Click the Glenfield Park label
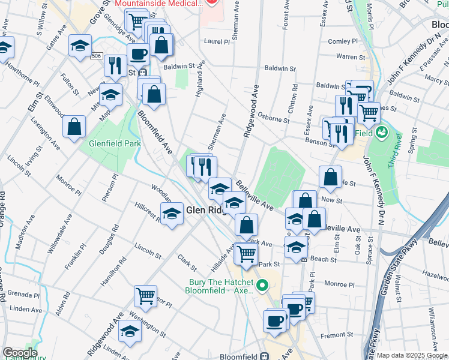pyautogui.click(x=114, y=144)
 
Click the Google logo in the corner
pyautogui.click(x=19, y=353)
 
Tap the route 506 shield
pyautogui.click(x=96, y=56)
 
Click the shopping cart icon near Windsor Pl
pyautogui.click(x=145, y=296)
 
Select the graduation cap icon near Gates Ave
pyautogui.click(x=80, y=46)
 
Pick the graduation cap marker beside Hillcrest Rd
pyautogui.click(x=172, y=214)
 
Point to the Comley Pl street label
pyautogui.click(x=343, y=41)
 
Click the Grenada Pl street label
pyautogui.click(x=24, y=295)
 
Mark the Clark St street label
pyautogui.click(x=187, y=262)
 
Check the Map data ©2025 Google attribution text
pyautogui.click(x=412, y=355)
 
